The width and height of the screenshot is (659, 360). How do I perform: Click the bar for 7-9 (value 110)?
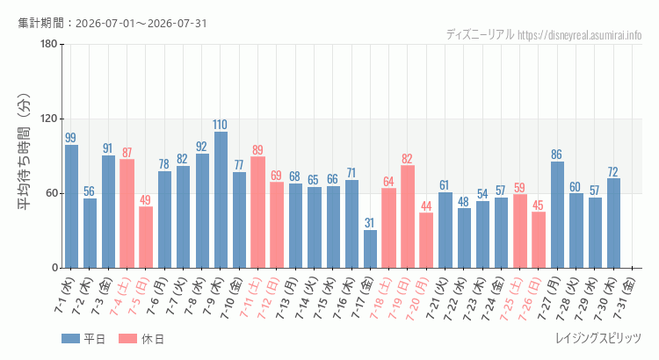tap(221, 200)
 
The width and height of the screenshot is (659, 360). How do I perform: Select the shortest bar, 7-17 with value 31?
tap(370, 249)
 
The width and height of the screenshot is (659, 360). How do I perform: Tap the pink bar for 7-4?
tap(127, 213)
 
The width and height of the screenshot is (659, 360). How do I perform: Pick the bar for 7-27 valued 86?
tap(557, 214)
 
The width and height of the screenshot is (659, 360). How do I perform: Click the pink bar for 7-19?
tap(408, 216)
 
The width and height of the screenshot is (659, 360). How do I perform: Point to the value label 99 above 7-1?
tap(70, 138)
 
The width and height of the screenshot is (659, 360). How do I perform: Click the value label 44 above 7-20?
tap(426, 205)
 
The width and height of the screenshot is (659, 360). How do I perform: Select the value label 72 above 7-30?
tap(612, 172)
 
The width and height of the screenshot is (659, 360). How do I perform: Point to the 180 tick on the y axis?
tap(49, 44)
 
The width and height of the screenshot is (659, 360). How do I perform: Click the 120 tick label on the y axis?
tap(49, 119)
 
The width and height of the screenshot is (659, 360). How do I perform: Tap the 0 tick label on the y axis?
tap(55, 268)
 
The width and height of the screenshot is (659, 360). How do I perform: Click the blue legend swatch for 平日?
tap(70, 339)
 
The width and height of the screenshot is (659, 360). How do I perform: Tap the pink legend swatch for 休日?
tap(127, 339)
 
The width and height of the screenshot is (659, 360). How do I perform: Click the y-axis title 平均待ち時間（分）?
tap(25, 152)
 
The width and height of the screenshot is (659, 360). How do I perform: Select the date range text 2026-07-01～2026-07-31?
tap(141, 23)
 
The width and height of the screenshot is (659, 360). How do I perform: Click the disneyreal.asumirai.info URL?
tap(580, 35)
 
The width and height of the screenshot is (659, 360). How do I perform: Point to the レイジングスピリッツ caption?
tap(598, 338)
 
